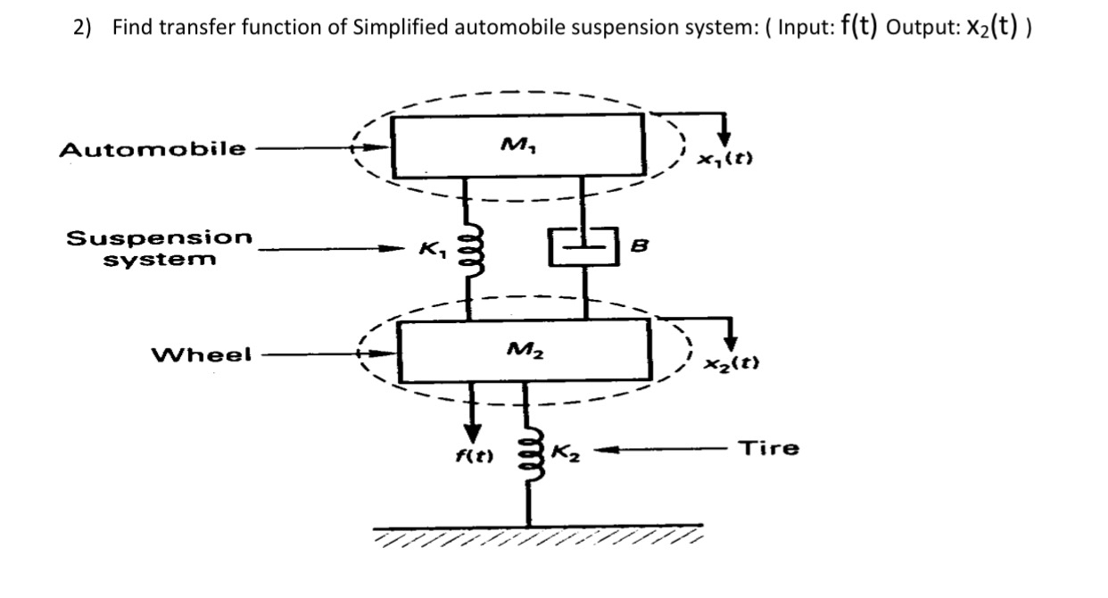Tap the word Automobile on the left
click(x=153, y=149)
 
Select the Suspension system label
click(x=160, y=249)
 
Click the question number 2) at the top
click(x=83, y=27)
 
